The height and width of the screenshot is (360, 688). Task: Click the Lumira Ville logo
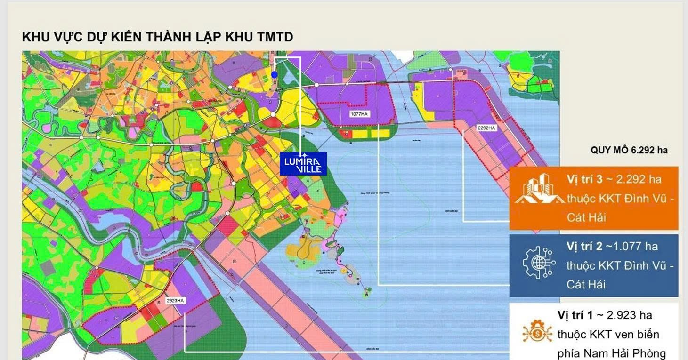303,164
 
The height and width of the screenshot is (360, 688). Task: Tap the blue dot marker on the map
275,74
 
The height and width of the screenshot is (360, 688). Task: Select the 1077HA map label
359,114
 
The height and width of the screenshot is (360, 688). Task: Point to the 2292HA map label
486,128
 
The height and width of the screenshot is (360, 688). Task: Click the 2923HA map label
175,300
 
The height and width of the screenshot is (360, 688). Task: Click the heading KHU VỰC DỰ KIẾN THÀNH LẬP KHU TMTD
157,37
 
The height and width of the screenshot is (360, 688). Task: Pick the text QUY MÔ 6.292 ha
629,150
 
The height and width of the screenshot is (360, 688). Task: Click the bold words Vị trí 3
583,179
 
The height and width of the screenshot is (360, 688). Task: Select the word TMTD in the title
275,37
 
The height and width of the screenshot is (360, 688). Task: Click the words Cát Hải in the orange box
586,217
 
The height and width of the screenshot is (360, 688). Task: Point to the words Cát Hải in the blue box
586,284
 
